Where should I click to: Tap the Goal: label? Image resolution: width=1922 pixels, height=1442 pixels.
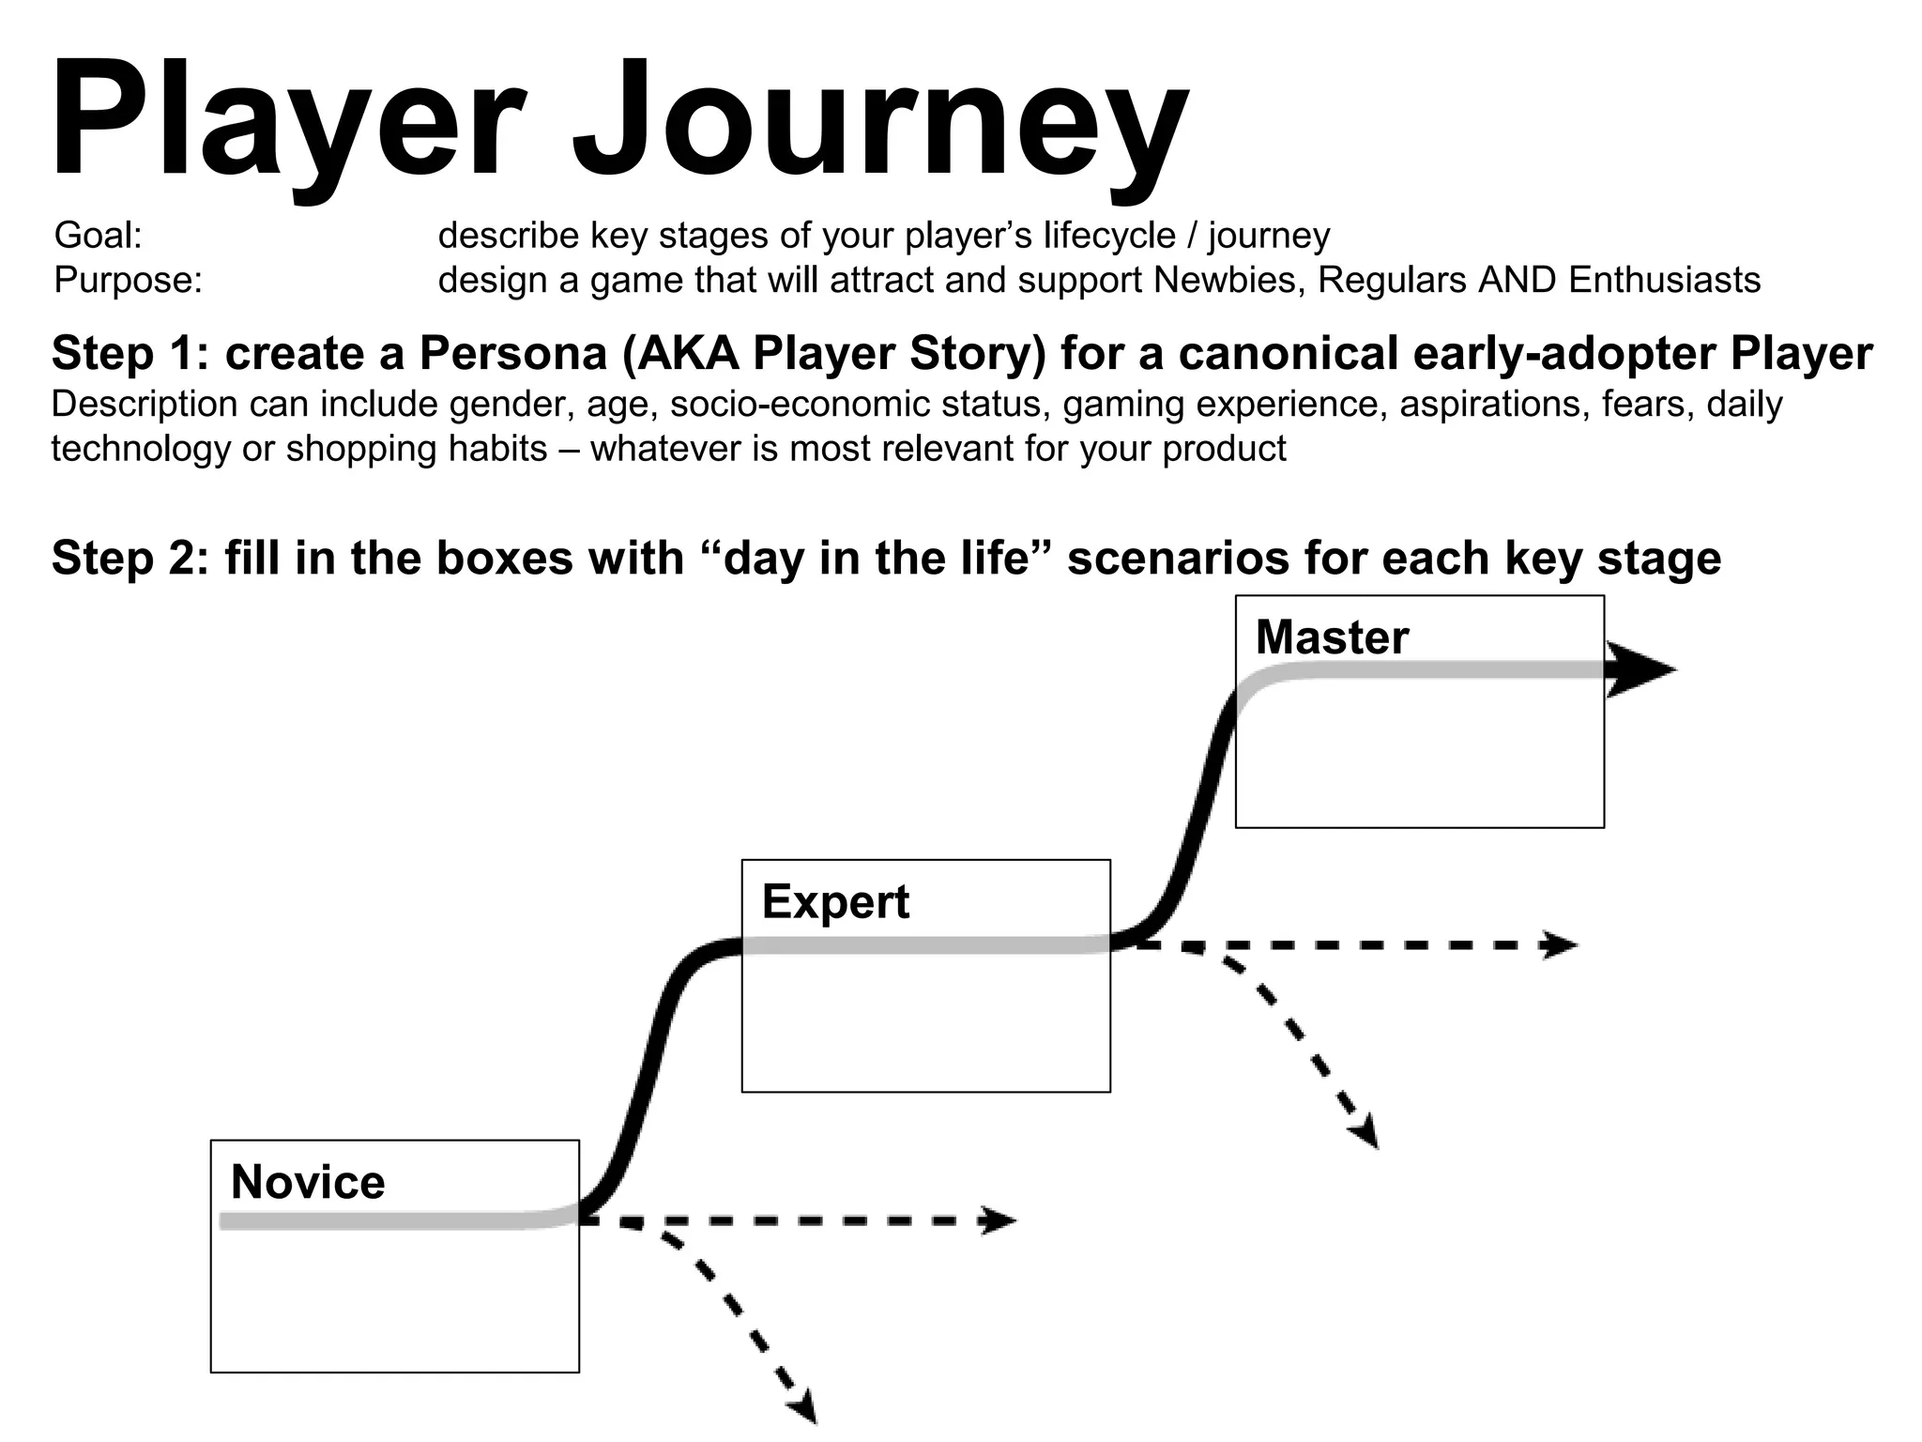coord(99,236)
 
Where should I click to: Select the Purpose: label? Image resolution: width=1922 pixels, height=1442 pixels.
coord(129,281)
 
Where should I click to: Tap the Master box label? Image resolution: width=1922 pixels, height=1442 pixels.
coord(1332,637)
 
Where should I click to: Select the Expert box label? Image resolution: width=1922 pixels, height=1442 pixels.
coord(835,902)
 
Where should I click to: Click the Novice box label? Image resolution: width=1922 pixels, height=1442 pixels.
coord(308,1182)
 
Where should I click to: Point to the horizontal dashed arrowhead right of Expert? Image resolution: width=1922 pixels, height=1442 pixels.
coord(1560,945)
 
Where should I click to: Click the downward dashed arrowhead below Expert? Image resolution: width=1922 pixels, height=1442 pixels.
coord(1366,1131)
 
